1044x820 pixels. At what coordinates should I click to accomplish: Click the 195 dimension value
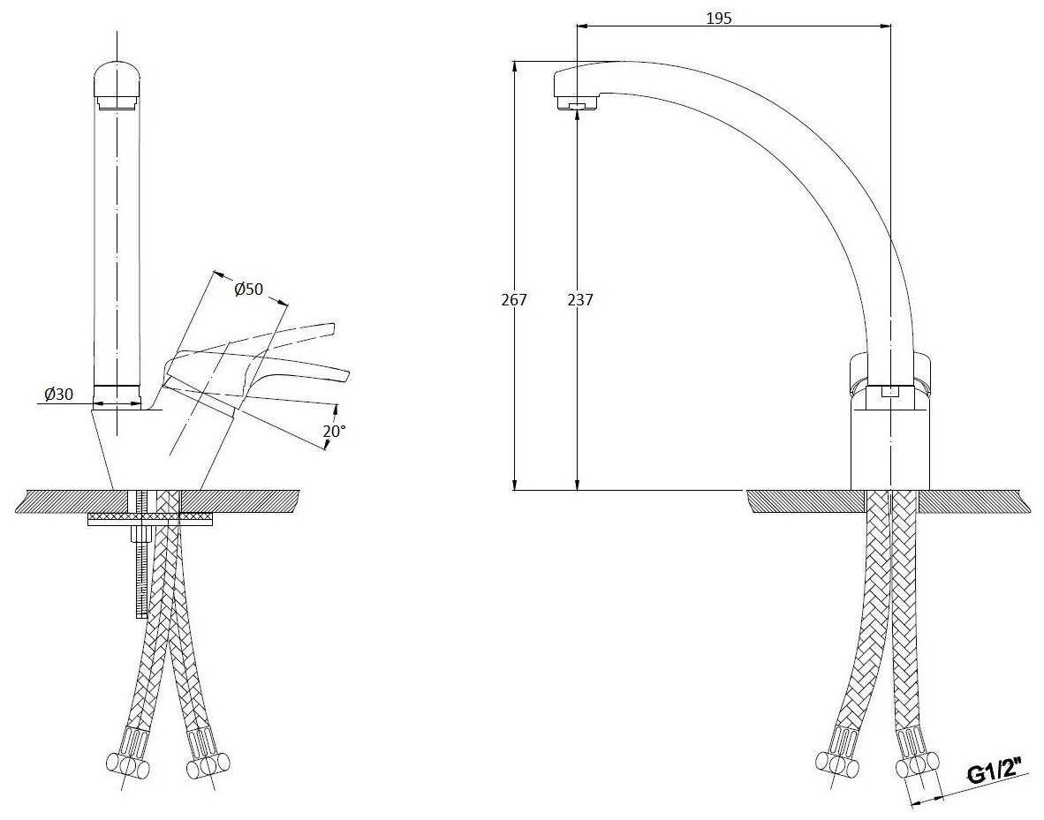point(719,18)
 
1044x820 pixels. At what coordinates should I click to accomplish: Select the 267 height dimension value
point(514,299)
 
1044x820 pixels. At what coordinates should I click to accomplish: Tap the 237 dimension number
point(580,299)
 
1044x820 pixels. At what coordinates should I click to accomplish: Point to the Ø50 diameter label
point(249,289)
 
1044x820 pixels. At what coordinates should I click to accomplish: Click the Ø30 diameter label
point(58,394)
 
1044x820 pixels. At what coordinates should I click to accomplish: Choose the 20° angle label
point(334,431)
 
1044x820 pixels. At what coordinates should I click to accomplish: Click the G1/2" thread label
point(995,772)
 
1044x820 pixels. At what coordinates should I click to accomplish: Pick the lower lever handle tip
point(342,375)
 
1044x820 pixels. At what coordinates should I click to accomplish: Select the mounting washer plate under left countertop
point(151,519)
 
